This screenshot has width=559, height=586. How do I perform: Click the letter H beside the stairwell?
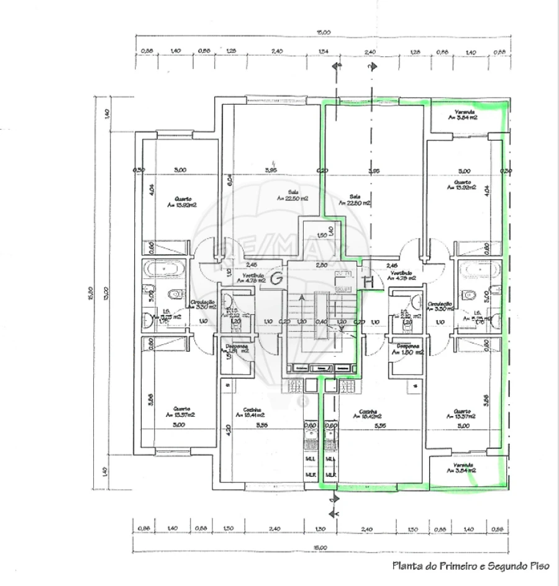click(368, 282)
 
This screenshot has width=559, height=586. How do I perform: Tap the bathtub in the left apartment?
click(163, 270)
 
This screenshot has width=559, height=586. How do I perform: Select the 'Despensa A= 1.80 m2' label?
click(407, 349)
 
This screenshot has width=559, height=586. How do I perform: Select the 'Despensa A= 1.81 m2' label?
click(236, 348)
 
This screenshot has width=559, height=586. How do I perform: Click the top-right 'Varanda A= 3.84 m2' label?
click(463, 114)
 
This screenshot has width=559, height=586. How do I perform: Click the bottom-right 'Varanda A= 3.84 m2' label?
click(463, 468)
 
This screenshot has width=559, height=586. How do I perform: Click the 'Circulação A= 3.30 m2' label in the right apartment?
click(442, 306)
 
